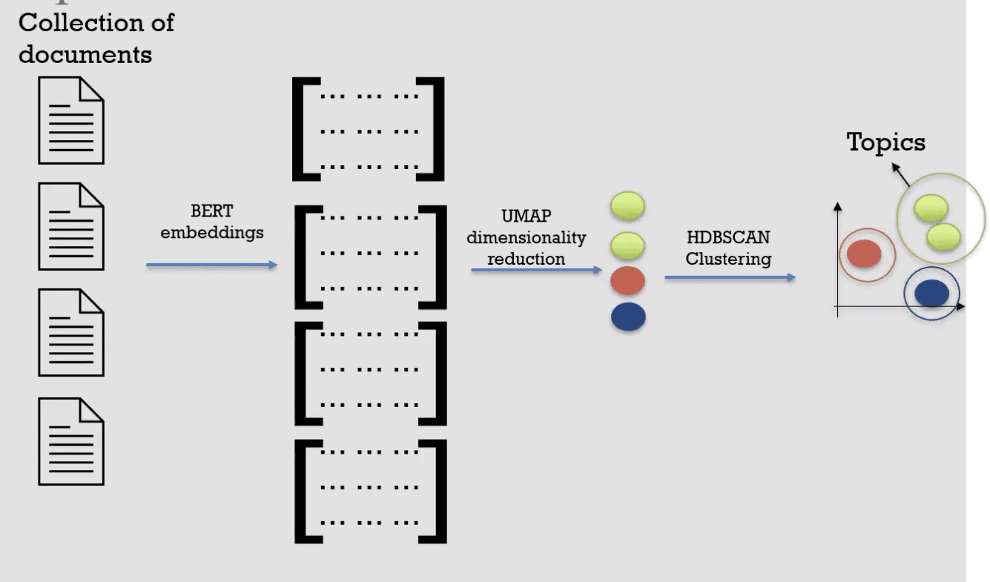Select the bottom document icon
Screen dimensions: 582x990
[x=71, y=441]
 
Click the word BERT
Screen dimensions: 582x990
[x=212, y=212]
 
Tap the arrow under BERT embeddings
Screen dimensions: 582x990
[x=212, y=265]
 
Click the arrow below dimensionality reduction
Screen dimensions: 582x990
[x=536, y=271]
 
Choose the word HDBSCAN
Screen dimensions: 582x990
[x=728, y=238]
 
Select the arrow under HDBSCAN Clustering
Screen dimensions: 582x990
[x=730, y=277]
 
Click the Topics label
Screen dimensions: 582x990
[x=886, y=142]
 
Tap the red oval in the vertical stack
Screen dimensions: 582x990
[x=628, y=281]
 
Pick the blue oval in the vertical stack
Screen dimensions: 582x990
[x=628, y=317]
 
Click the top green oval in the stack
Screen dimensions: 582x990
[x=627, y=206]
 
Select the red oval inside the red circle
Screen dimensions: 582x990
[x=864, y=254]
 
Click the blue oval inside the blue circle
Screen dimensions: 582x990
[x=931, y=293]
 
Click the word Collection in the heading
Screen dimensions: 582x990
[x=69, y=23]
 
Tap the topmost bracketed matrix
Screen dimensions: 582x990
[x=369, y=129]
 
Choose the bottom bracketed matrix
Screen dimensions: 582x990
[x=371, y=491]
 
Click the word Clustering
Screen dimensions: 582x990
[x=728, y=259]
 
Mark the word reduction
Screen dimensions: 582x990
[x=526, y=259]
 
